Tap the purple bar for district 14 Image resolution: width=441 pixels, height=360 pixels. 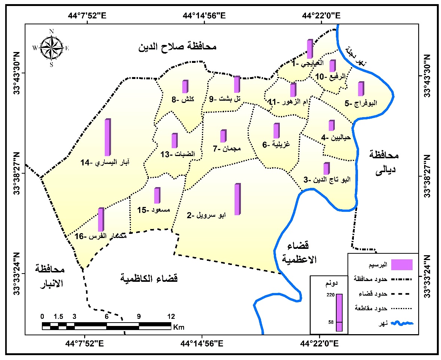point(108,137)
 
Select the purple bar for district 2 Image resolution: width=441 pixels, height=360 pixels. point(238,199)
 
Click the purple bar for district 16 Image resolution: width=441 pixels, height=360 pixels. point(101,220)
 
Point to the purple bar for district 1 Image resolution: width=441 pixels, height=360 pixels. point(310,49)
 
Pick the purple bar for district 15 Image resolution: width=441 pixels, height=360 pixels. point(157,195)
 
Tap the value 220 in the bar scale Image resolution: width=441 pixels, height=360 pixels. point(330,295)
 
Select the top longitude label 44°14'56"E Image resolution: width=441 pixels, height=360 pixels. point(205,16)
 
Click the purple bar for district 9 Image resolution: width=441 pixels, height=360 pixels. point(237,84)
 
